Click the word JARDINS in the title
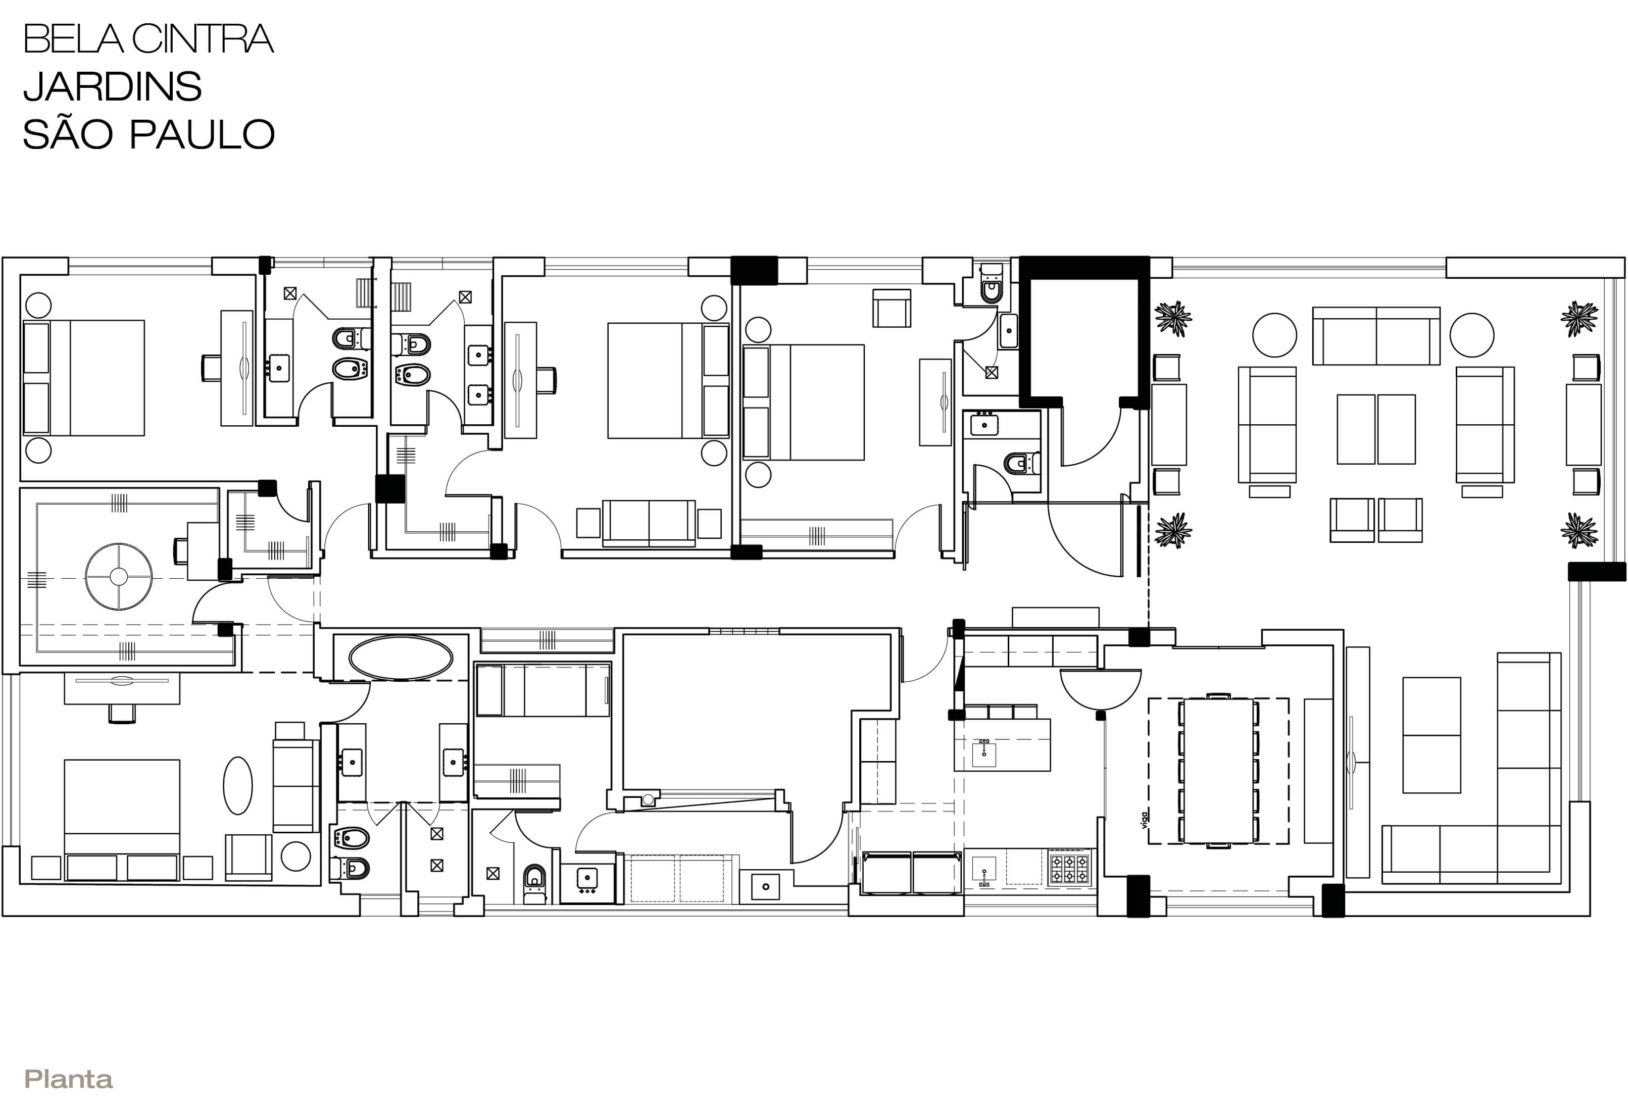pyautogui.click(x=113, y=86)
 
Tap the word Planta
pyautogui.click(x=69, y=1079)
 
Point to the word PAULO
pyautogui.click(x=203, y=134)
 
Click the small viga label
pyautogui.click(x=1144, y=820)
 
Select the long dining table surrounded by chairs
pyautogui.click(x=1218, y=771)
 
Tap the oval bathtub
pyautogui.click(x=401, y=658)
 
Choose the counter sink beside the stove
pyautogui.click(x=984, y=869)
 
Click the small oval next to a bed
pyautogui.click(x=237, y=785)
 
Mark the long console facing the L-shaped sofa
pyautogui.click(x=1358, y=762)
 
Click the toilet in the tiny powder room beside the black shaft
pyautogui.click(x=991, y=286)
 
